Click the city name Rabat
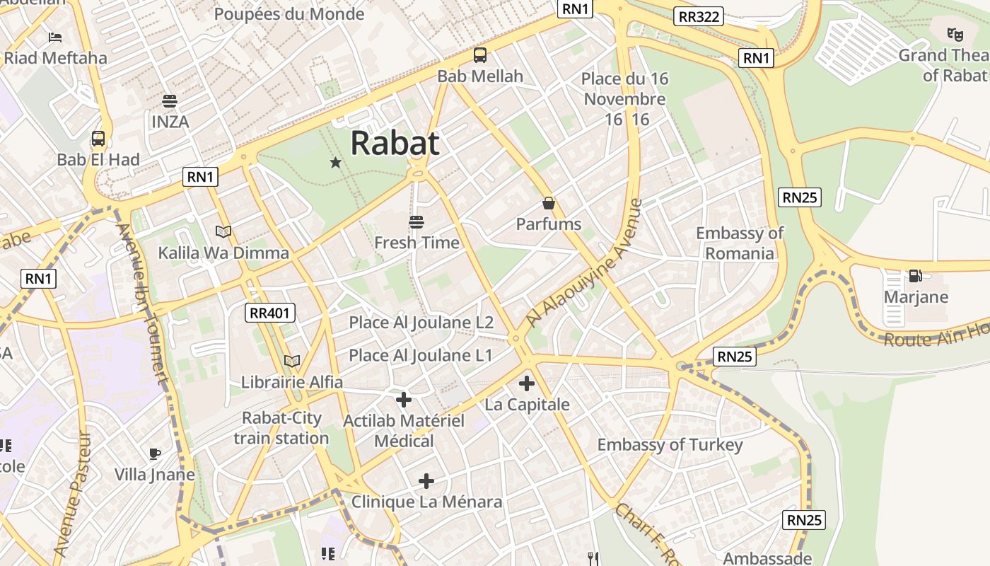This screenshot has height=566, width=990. click(395, 143)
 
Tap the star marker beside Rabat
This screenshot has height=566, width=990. click(335, 163)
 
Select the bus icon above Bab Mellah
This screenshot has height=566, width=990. click(480, 54)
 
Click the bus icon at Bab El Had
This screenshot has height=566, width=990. click(98, 138)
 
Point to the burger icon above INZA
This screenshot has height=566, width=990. click(169, 100)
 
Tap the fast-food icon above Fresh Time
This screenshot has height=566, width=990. click(417, 221)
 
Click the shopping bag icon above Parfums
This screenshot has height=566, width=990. click(548, 204)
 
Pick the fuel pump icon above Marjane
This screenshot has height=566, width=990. click(915, 275)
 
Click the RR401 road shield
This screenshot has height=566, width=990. click(270, 313)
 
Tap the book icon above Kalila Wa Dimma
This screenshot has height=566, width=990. click(223, 231)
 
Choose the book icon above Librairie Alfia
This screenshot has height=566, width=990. click(291, 361)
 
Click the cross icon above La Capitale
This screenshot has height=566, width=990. click(526, 383)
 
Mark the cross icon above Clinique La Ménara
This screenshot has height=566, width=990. click(426, 481)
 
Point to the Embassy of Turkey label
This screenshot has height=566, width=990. click(670, 444)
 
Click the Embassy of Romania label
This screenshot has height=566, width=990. click(740, 243)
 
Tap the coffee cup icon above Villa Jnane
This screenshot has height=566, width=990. click(155, 454)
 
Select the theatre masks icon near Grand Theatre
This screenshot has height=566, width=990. click(955, 33)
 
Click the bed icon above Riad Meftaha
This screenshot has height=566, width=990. click(55, 37)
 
